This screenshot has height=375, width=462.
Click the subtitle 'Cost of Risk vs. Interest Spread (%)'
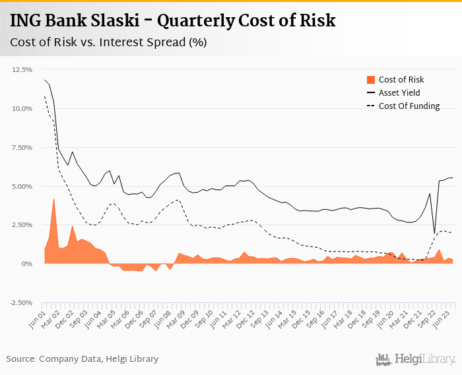point(108,42)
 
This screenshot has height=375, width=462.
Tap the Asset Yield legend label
point(399,93)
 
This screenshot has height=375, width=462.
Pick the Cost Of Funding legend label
point(409,106)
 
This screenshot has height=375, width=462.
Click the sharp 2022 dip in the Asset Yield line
point(434,233)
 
